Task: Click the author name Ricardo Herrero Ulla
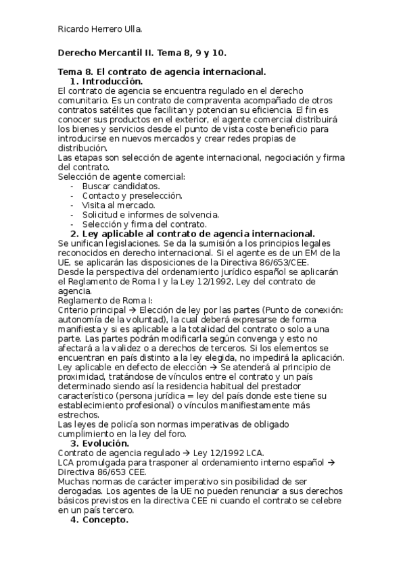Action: [x=99, y=29]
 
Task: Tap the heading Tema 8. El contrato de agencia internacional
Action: [x=162, y=72]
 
